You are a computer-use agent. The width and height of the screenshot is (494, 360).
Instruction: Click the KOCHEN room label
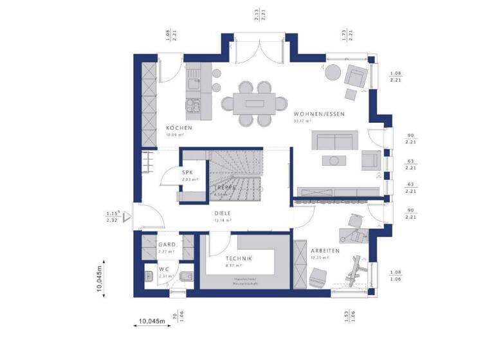(178, 128)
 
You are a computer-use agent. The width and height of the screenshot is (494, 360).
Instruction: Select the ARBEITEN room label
(325, 250)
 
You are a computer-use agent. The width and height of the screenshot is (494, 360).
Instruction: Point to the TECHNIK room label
(239, 258)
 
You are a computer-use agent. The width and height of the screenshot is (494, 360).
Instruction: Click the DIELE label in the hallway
(223, 213)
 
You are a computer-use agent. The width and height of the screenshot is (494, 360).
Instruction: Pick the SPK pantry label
(188, 172)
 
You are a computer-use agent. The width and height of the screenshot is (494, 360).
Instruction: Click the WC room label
(165, 269)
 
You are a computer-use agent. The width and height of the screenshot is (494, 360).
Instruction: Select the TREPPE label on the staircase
(225, 187)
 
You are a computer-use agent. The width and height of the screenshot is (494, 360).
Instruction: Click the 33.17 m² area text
(302, 121)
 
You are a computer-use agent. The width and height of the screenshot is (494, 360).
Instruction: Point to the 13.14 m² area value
(222, 221)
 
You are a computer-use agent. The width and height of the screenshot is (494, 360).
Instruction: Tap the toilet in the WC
(183, 278)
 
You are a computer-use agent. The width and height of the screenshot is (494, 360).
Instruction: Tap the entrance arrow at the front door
(129, 217)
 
